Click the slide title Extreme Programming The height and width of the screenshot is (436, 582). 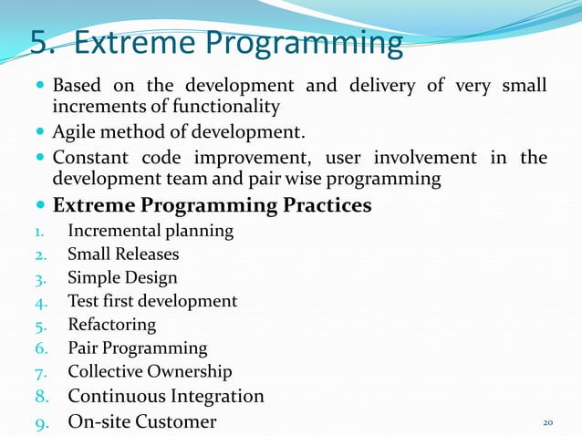[x=238, y=43]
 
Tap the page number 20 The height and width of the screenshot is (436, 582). [x=548, y=422]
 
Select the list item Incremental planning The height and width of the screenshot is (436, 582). [x=151, y=231]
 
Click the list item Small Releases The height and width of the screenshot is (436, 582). [x=123, y=254]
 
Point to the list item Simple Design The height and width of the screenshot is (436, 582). [x=122, y=277]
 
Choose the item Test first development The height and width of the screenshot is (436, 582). [x=152, y=301]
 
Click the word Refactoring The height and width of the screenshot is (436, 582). [x=111, y=325]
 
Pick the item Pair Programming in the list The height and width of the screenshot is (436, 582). [x=137, y=348]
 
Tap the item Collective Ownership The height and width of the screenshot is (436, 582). [x=150, y=371]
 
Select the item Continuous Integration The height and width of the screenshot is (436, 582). [x=166, y=396]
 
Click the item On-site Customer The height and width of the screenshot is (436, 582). [x=142, y=421]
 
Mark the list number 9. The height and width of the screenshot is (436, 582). [x=41, y=421]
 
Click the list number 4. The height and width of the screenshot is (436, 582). [x=41, y=301]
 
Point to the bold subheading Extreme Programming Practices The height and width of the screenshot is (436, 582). [x=212, y=205]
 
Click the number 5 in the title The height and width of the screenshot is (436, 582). [x=40, y=43]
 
